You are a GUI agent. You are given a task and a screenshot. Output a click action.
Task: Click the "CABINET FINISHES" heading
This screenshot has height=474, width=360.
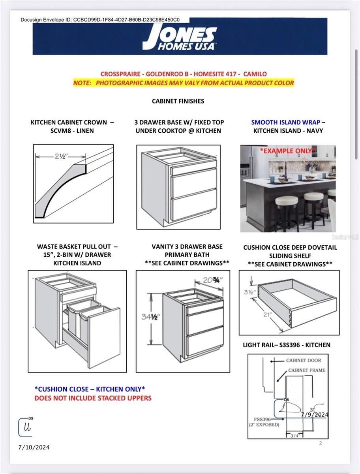pyautogui.click(x=178, y=101)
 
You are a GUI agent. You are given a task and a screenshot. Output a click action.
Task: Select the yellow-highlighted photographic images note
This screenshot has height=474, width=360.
pyautogui.click(x=184, y=83)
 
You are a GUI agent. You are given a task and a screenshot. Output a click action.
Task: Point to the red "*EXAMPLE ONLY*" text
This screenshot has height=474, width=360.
pyautogui.click(x=287, y=151)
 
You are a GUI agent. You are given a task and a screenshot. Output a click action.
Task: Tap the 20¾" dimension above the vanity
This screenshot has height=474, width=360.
pyautogui.click(x=212, y=280)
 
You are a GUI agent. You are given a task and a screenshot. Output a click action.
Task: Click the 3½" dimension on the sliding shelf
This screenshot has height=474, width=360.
pyautogui.click(x=249, y=293)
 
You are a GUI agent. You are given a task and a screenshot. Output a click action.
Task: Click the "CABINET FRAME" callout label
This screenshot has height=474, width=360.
pyautogui.click(x=307, y=370)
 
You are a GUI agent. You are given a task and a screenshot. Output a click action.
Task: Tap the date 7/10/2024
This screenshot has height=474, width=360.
pyautogui.click(x=34, y=447)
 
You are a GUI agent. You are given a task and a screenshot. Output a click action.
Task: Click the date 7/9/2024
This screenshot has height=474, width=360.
pyautogui.click(x=315, y=414)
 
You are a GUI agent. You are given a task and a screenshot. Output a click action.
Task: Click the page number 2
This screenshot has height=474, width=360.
pyautogui.click(x=321, y=443)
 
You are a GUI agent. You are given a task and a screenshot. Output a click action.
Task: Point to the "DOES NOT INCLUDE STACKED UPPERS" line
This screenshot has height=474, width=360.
pyautogui.click(x=93, y=398)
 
